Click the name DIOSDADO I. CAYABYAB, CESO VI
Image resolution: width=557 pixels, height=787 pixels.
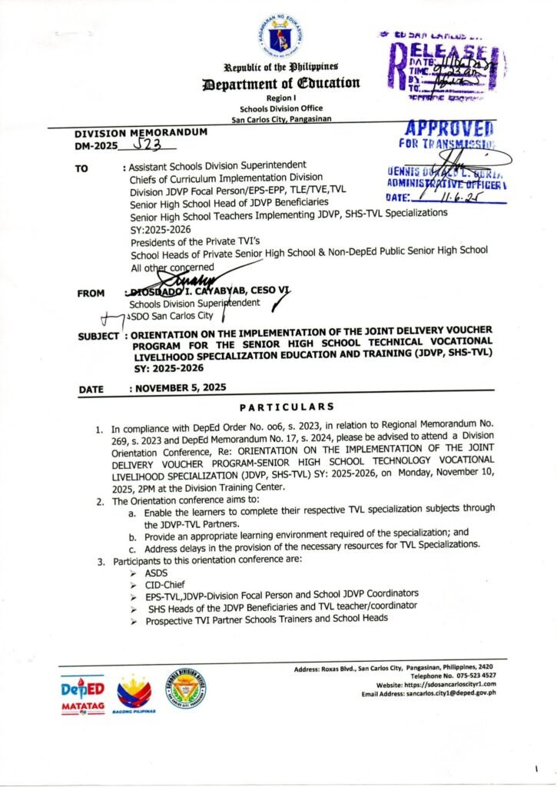coord(209,292)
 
